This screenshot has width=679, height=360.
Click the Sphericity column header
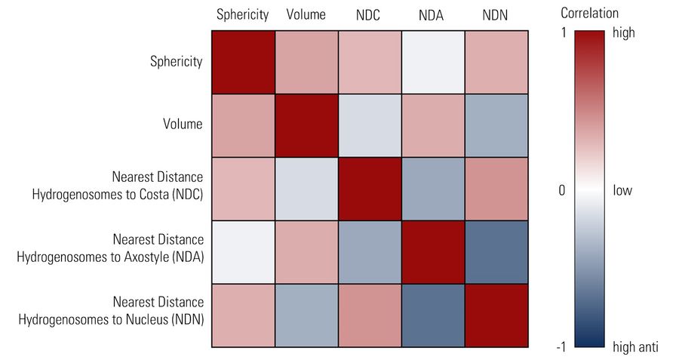click(x=242, y=14)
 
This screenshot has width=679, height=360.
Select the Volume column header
click(x=306, y=14)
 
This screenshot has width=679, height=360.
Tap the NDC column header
click(x=369, y=14)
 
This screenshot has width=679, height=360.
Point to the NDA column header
click(x=432, y=14)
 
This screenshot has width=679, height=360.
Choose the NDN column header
click(x=496, y=14)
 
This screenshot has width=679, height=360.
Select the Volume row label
click(x=183, y=125)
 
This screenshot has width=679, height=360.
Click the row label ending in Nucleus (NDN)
click(x=111, y=311)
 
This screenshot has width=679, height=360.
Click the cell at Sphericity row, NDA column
click(x=432, y=62)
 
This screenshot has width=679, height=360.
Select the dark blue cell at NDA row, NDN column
click(x=496, y=251)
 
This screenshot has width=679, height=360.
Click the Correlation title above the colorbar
click(x=589, y=14)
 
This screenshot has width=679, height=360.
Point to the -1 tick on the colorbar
click(x=561, y=347)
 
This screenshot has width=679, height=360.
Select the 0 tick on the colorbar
click(x=561, y=190)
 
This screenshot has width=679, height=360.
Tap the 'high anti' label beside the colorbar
click(x=636, y=347)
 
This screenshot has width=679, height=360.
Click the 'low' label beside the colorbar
click(x=622, y=190)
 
